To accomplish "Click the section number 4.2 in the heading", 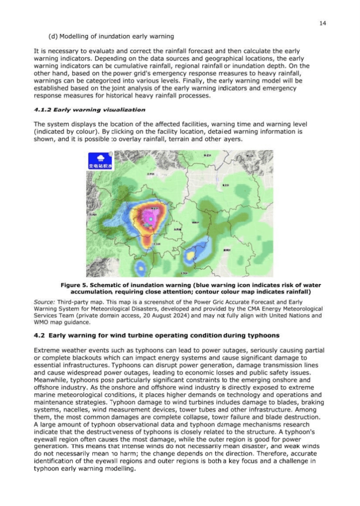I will pyautogui.click(x=39, y=336).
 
